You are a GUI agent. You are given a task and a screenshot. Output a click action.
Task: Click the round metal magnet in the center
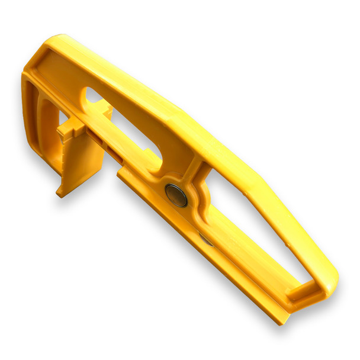[176, 195]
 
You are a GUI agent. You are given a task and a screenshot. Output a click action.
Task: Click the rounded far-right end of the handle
[331, 278]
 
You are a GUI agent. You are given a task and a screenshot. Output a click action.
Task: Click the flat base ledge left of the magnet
[142, 181]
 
